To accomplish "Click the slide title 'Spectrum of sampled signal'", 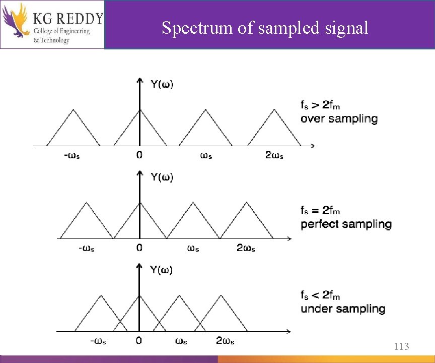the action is click(265, 28).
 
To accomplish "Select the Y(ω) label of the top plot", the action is click(162, 84).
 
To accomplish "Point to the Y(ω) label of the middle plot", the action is click(162, 177).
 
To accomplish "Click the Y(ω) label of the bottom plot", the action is click(161, 270).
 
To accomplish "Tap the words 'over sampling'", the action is click(339, 119).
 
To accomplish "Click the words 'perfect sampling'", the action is click(346, 224).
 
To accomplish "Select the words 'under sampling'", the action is click(343, 309).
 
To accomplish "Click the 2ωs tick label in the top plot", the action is click(274, 155).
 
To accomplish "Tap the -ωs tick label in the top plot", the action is click(71, 155).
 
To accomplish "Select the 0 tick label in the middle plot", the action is click(139, 248).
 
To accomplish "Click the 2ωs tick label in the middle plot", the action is click(246, 248).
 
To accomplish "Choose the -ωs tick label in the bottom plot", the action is click(98, 341).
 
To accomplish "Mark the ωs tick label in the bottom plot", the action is click(181, 341).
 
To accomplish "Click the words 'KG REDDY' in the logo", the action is click(68, 19).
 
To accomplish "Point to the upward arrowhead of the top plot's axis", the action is click(139, 80).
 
